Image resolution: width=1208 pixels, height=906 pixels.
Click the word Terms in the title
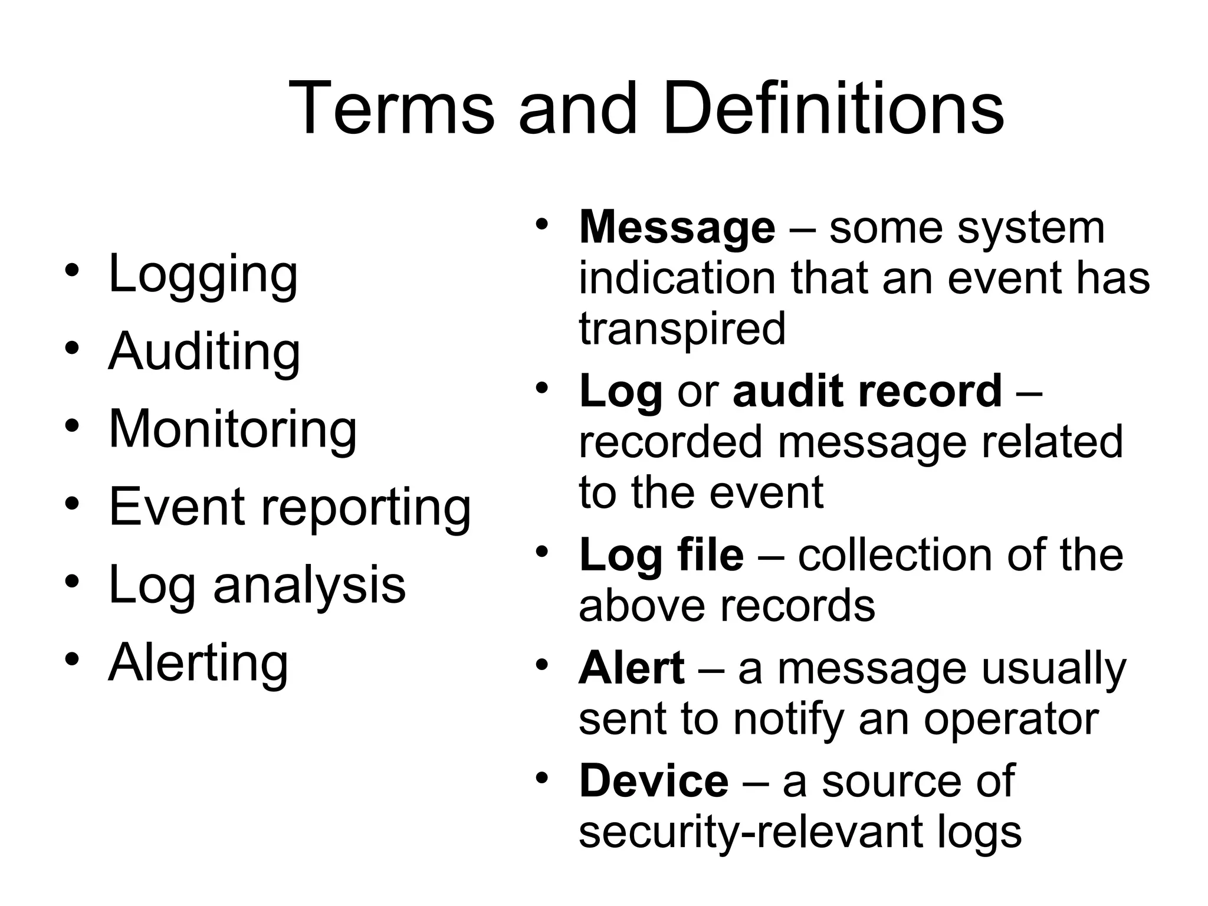[x=391, y=110]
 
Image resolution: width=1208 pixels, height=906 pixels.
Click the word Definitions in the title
[x=833, y=110]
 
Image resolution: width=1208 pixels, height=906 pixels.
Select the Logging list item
[x=203, y=274]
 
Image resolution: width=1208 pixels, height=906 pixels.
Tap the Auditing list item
[x=204, y=352]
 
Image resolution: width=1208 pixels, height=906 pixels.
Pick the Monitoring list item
[x=232, y=429]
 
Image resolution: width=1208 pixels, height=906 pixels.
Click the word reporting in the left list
[x=366, y=507]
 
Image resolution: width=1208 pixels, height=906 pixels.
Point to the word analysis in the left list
[x=309, y=585]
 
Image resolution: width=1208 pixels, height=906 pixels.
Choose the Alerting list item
[x=198, y=662]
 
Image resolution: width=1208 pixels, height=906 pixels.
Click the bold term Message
[x=677, y=227]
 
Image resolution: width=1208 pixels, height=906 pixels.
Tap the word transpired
[x=682, y=329]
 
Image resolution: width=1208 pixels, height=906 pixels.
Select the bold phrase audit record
[x=867, y=391]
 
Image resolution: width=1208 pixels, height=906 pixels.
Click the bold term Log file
[x=661, y=555]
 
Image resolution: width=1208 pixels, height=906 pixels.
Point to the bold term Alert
[x=632, y=668]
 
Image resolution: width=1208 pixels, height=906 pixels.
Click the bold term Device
[x=654, y=781]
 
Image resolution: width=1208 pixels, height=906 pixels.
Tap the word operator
[x=1010, y=720]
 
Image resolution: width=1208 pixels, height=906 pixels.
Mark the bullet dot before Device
[x=543, y=778]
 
